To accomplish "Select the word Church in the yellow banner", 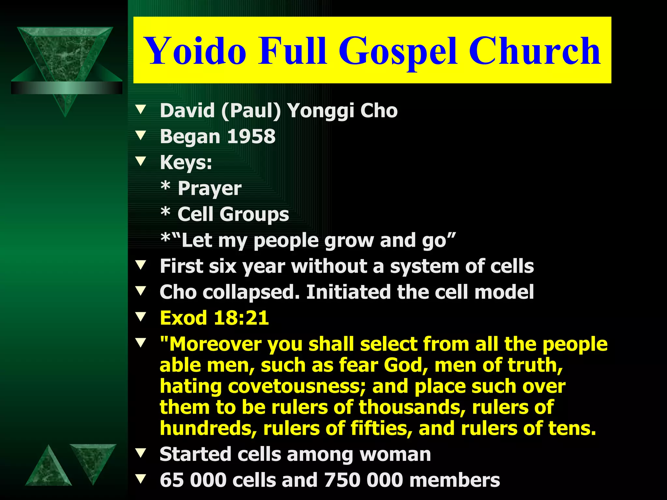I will [534, 51].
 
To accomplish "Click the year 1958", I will [251, 136].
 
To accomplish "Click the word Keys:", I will [186, 162].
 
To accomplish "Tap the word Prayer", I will [209, 189].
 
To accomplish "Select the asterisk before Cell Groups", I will [165, 212].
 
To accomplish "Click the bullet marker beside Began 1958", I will [141, 135].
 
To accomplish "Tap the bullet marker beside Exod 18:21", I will [141, 317].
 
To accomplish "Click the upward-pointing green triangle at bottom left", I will [49, 469].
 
